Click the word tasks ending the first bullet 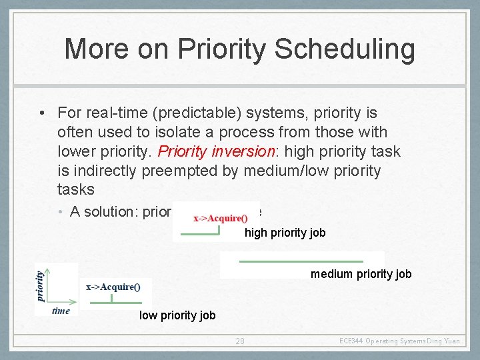[x=76, y=189]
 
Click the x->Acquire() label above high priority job [x=220, y=217]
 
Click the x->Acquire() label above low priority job [x=113, y=287]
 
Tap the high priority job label [x=285, y=233]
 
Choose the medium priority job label [x=361, y=274]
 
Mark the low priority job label [x=177, y=315]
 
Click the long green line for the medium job [x=301, y=261]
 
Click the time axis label [x=61, y=311]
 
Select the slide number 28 [x=240, y=341]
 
